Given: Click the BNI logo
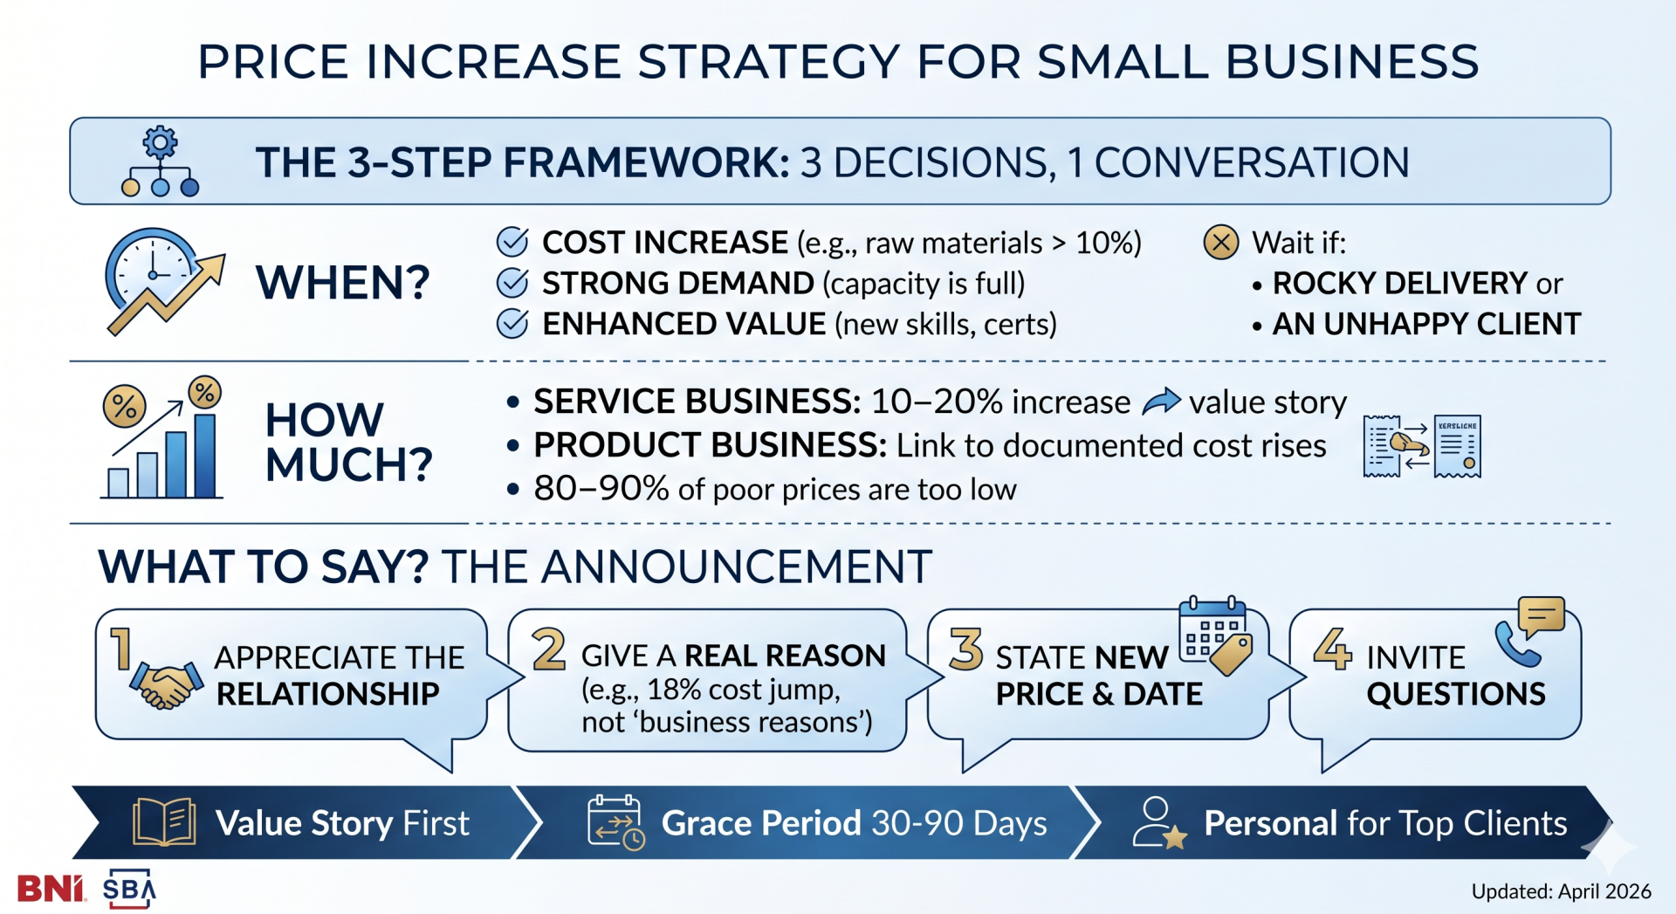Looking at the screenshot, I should click(x=51, y=889).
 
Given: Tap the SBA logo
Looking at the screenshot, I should click(x=129, y=889).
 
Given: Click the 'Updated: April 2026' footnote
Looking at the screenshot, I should click(x=1561, y=891).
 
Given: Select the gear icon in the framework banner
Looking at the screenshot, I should click(x=160, y=142).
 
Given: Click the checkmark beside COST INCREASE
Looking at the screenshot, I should click(x=512, y=242).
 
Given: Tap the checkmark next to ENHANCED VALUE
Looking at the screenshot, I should click(x=512, y=324).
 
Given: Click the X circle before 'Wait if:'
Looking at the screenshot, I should click(x=1220, y=242).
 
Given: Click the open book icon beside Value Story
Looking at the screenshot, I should click(x=164, y=821).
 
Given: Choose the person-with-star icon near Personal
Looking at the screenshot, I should click(x=1157, y=822).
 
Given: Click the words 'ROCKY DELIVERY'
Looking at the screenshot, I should click(x=1398, y=284).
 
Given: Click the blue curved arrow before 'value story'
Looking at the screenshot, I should click(x=1161, y=402).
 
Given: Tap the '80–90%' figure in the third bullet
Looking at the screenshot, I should click(x=601, y=489).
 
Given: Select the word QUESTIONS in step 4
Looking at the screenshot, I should click(x=1455, y=694).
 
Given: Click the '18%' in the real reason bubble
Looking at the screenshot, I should click(x=674, y=690).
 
